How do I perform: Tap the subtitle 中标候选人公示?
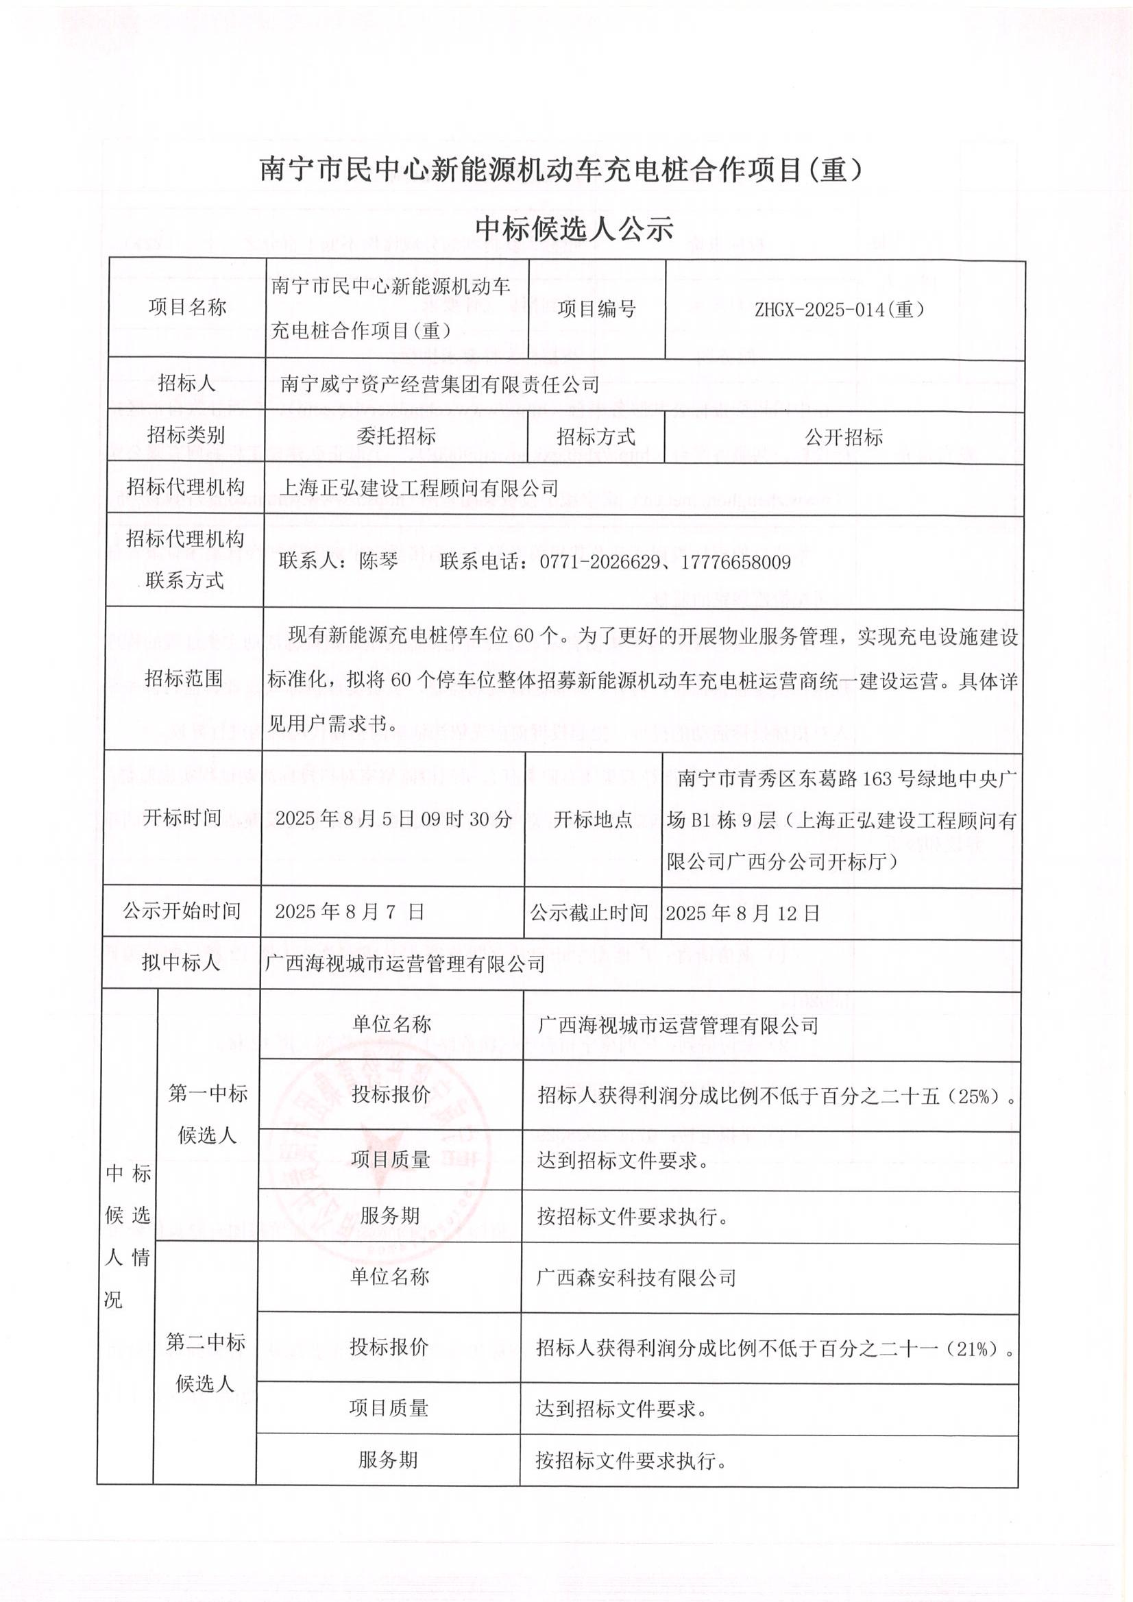point(573,229)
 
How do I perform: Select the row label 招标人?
point(186,383)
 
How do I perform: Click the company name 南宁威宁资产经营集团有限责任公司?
point(440,384)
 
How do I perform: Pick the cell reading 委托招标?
point(395,436)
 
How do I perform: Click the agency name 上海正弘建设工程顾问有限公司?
point(419,488)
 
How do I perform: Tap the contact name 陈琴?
point(378,562)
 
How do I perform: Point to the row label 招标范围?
point(184,678)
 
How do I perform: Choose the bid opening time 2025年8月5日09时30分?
point(393,818)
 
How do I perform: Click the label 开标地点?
point(593,819)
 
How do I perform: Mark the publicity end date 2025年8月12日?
point(742,913)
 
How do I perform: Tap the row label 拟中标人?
point(181,963)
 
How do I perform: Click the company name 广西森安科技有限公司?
point(636,1277)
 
